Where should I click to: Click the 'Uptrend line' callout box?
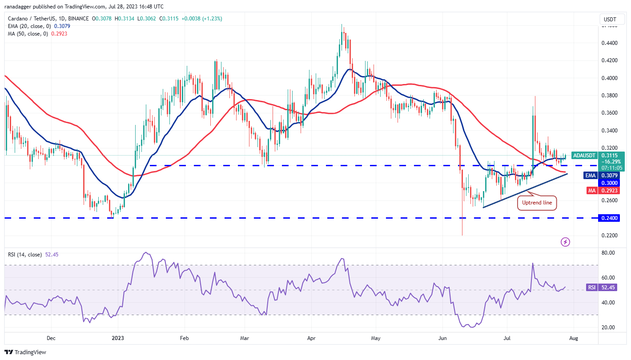537,203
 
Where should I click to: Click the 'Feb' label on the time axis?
185,338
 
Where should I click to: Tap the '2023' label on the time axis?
118,338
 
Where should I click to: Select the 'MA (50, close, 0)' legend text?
27,33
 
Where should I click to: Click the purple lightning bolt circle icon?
565,242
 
